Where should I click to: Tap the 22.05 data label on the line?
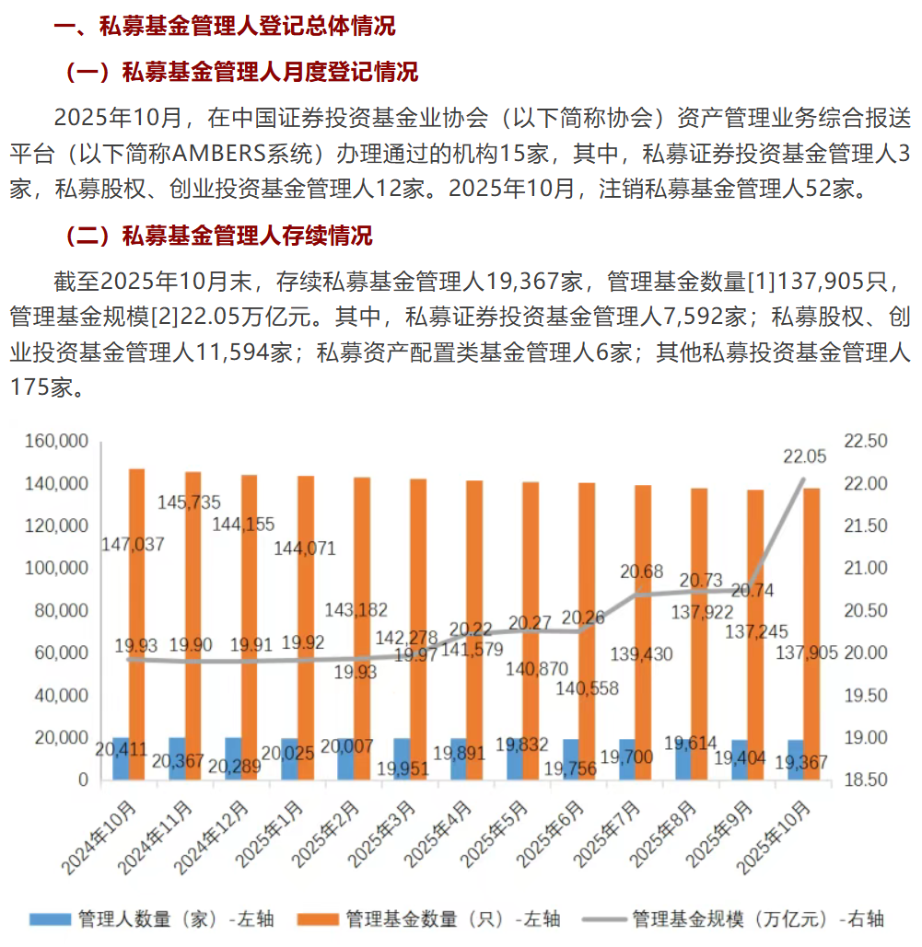click(804, 456)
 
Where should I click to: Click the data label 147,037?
click(134, 544)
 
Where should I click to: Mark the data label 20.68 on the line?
click(641, 572)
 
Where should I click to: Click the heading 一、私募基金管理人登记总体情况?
click(225, 26)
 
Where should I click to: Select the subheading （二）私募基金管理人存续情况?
click(219, 236)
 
